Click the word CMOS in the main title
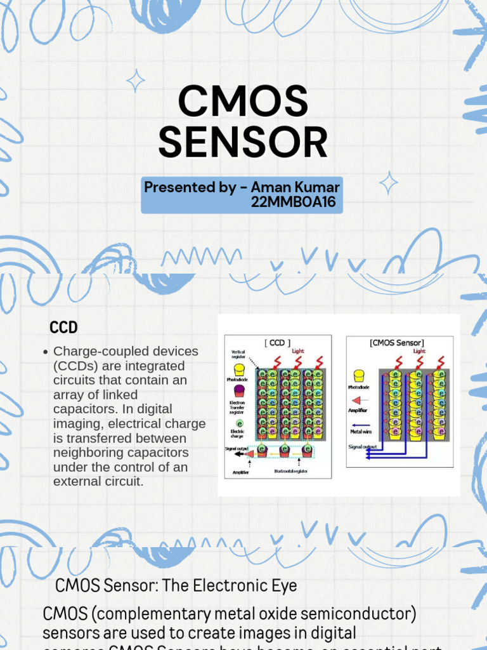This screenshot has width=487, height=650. pos(243,102)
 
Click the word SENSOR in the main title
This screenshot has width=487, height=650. pos(243,143)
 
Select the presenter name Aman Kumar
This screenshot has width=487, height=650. pos(295,187)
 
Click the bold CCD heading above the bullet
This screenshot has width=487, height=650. pos(63,328)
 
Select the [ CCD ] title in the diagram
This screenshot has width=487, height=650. pos(277,343)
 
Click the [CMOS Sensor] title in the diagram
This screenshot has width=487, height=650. pos(396,343)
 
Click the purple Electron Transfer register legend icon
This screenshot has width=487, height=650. pos(238,390)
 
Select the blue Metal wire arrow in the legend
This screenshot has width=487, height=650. pos(360,425)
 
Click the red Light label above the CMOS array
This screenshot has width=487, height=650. pos(419,351)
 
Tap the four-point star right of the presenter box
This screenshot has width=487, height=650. pos(388,183)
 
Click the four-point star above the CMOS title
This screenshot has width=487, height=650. pos(135,81)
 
